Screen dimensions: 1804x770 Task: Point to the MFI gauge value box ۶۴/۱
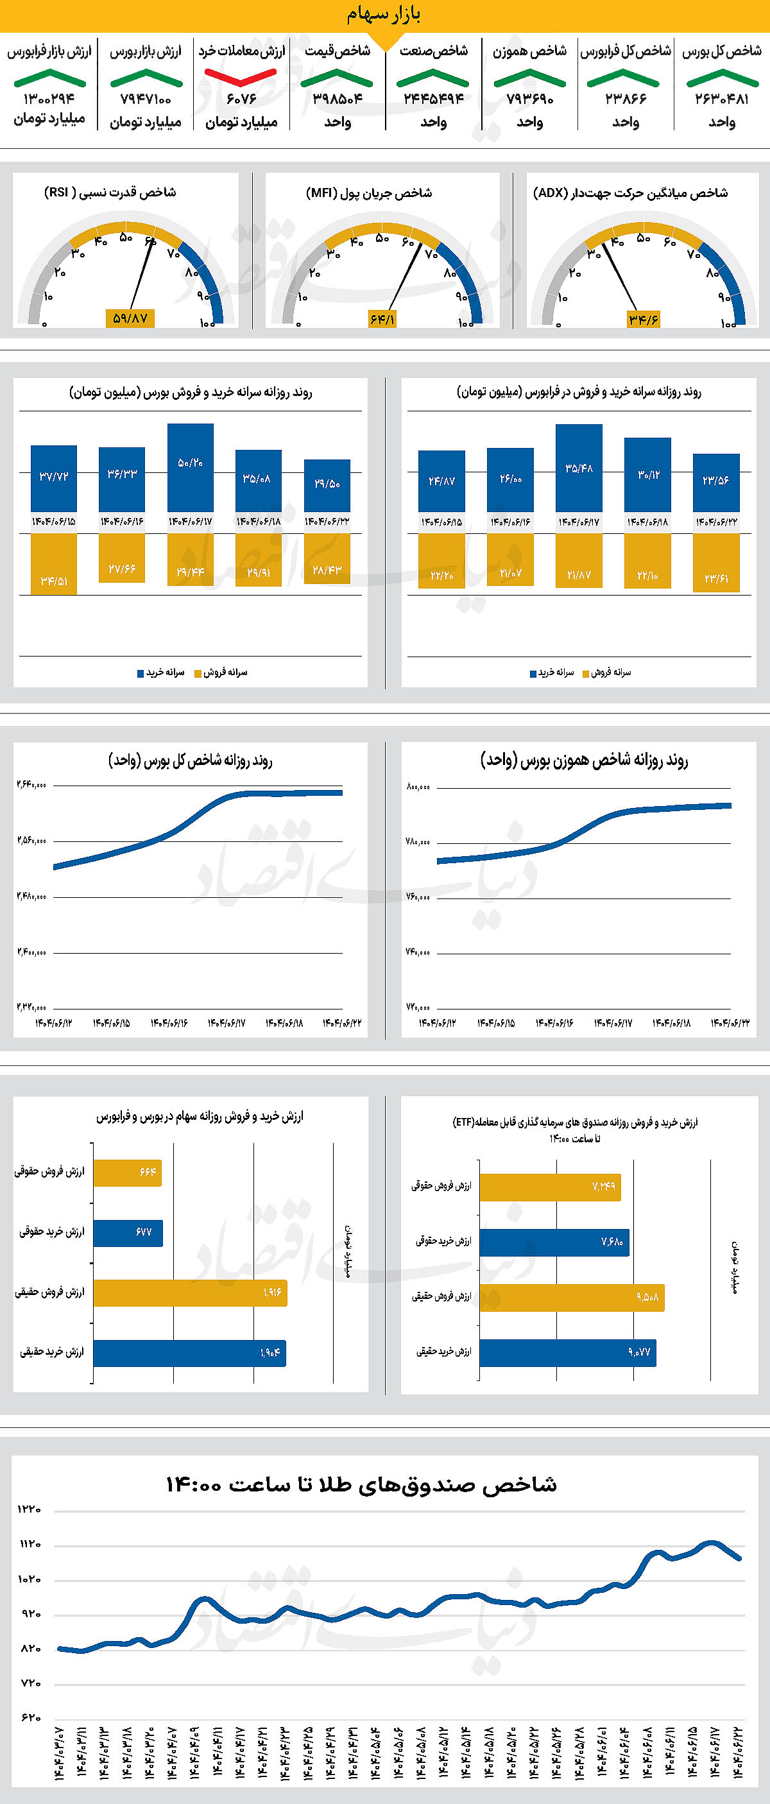382,320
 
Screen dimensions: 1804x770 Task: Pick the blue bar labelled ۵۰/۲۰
191,468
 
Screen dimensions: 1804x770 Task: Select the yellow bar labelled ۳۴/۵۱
54,563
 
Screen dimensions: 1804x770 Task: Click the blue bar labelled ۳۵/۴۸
579,468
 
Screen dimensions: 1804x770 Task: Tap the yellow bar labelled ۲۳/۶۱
716,563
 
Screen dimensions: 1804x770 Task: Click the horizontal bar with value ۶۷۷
128,1233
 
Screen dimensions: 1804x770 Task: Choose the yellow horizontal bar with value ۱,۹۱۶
191,1293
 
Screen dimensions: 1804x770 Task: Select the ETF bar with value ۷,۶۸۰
554,1242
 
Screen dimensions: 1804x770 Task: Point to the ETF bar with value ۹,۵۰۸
572,1298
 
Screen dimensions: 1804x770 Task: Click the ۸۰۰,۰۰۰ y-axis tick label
418,786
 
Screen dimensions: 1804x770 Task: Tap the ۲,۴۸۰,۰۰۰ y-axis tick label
31,896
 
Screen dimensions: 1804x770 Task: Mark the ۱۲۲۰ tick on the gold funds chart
30,1509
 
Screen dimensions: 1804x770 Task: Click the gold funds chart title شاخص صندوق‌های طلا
361,1484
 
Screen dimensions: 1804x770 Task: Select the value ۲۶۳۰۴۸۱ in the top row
722,99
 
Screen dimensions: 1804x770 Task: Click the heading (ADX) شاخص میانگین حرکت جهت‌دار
630,193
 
